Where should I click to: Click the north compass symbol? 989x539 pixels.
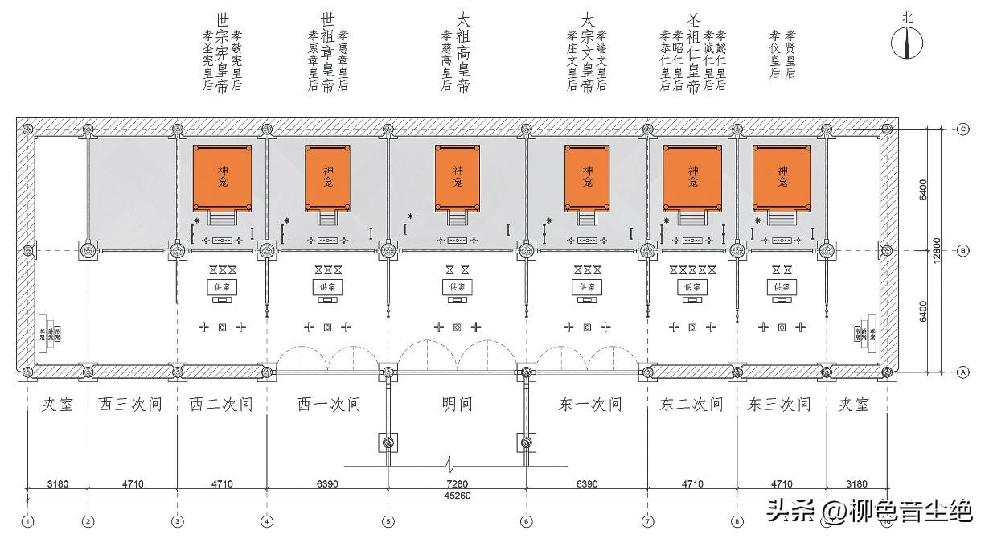tap(908, 42)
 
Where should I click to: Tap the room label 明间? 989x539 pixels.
tap(457, 404)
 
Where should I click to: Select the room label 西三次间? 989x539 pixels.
tap(131, 404)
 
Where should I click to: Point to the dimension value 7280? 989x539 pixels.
tap(457, 484)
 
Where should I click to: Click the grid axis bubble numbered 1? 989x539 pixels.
tap(28, 521)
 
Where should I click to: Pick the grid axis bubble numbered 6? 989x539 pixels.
tap(526, 521)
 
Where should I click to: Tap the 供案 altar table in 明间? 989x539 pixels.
tap(458, 286)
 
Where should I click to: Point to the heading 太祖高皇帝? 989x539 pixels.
tap(463, 52)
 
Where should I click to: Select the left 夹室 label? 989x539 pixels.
tap(57, 404)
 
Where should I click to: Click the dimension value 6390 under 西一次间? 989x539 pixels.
tap(327, 484)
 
